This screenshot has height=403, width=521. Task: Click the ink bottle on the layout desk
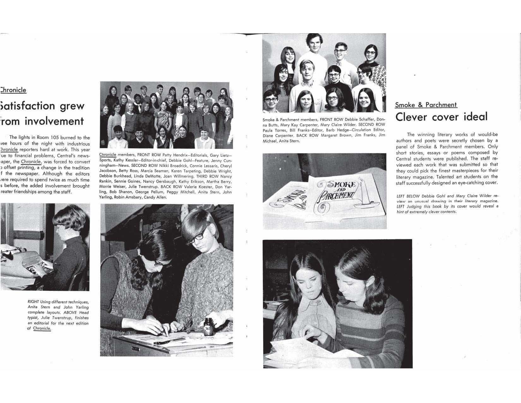[x=208, y=326]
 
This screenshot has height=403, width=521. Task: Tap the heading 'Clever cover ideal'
[x=441, y=117]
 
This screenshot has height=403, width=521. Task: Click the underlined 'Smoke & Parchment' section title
[x=426, y=105]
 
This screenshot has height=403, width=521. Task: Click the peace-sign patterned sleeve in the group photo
[x=381, y=79]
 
